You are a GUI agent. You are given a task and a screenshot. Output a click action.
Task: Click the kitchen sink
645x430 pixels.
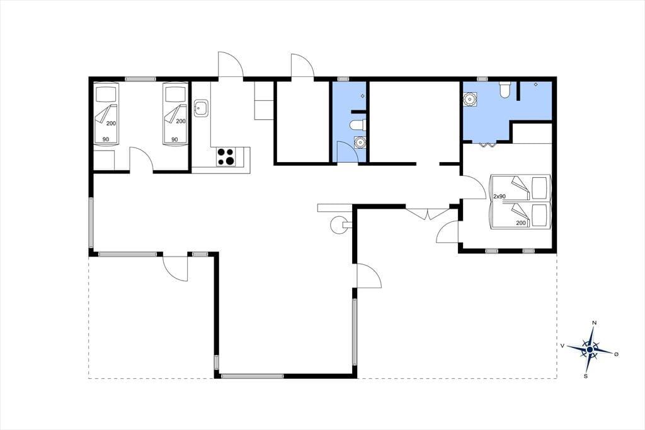point(202,108)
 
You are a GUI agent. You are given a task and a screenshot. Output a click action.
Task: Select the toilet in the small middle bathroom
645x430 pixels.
point(357,124)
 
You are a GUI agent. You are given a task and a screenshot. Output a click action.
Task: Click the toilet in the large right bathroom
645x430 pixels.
point(505,89)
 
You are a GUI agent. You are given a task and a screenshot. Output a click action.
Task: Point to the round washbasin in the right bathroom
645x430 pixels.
point(469,99)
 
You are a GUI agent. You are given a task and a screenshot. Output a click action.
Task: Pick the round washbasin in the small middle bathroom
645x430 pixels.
point(360,142)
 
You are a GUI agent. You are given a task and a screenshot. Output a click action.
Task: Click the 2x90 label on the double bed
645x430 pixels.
point(499,197)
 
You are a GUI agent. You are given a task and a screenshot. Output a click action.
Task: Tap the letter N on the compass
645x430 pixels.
point(594,323)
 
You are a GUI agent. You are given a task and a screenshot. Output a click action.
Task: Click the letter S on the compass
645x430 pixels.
point(585,376)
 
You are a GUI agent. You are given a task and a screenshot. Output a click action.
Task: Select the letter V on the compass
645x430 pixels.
point(562,346)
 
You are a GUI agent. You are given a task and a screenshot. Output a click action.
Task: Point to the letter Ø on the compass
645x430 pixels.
point(616,354)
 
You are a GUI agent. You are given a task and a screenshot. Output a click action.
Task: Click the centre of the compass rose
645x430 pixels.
point(590,349)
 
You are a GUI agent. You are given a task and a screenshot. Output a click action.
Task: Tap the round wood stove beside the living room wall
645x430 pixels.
point(338,225)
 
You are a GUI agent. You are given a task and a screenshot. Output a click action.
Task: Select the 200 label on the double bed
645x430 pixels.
point(521,223)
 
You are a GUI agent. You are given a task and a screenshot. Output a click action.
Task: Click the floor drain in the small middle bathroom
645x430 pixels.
point(362,96)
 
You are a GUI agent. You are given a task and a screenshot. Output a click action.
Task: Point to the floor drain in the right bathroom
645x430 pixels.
point(535,84)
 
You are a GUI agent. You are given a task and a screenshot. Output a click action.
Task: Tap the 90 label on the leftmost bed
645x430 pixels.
point(106,139)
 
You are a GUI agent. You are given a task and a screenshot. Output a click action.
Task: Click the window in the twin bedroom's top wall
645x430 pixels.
point(140,79)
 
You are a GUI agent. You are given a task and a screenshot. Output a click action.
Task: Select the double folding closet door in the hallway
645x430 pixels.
point(428,214)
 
